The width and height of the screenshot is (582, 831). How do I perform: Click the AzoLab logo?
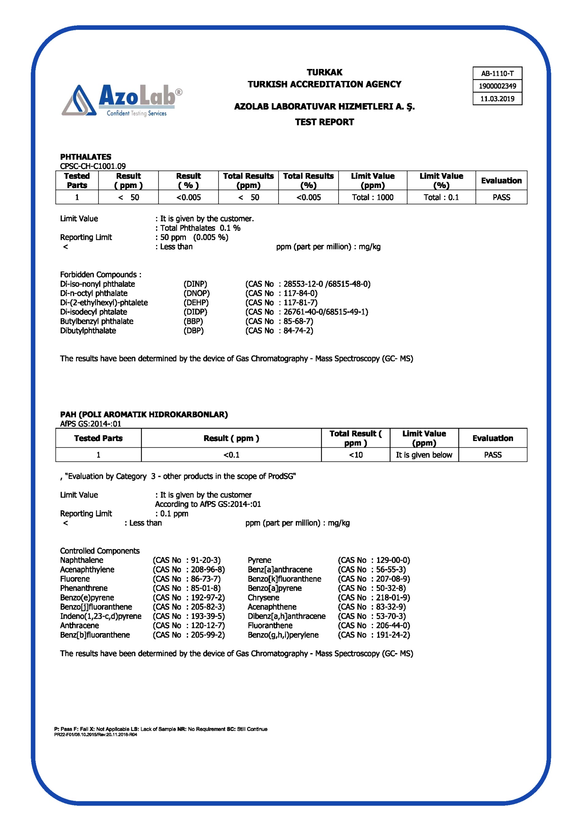[122, 100]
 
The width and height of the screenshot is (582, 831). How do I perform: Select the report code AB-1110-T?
[497, 74]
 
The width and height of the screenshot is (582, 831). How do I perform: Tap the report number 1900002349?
[497, 86]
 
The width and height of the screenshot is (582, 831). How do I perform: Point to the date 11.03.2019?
[497, 99]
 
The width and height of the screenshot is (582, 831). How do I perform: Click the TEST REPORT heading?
[324, 122]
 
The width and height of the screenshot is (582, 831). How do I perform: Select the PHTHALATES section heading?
[86, 157]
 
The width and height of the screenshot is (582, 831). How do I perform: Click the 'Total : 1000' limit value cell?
[372, 197]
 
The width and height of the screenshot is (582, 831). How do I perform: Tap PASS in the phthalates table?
[501, 197]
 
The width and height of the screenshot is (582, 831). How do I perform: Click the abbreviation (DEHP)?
[196, 303]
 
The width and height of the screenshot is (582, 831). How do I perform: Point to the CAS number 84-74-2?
[298, 331]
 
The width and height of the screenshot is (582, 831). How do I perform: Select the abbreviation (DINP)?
[195, 284]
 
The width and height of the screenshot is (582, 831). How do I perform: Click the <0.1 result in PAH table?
[231, 455]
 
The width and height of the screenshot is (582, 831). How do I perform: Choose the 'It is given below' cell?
[424, 455]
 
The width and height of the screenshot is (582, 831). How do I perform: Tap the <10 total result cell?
[355, 455]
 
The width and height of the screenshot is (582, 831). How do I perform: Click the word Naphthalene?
[82, 560]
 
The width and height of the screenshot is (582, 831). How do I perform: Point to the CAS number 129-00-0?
[392, 560]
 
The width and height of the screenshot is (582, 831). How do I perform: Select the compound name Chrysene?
[263, 598]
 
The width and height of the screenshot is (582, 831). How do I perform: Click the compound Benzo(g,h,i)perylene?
[283, 635]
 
